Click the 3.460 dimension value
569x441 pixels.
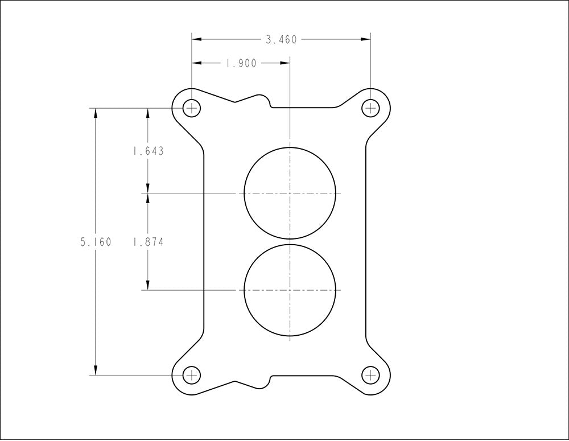[x=281, y=40]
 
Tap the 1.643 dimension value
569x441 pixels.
[x=148, y=151]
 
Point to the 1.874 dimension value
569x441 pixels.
[x=148, y=242]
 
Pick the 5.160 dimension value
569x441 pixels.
[x=96, y=242]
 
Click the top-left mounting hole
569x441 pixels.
[x=192, y=108]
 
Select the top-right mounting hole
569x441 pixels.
[x=371, y=108]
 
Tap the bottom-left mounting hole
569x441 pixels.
[x=192, y=375]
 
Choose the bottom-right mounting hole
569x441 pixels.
[x=371, y=375]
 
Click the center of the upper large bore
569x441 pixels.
[x=290, y=193]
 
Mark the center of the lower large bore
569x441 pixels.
[x=290, y=290]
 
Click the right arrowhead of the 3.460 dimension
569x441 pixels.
[x=366, y=40]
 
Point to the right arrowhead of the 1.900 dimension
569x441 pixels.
[x=285, y=64]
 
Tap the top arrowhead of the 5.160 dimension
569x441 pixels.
[x=96, y=113]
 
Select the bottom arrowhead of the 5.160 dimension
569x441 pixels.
[x=96, y=370]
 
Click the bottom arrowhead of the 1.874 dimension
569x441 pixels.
[x=148, y=285]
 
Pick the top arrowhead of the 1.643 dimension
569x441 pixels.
[x=148, y=113]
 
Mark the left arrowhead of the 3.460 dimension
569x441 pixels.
[x=197, y=40]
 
